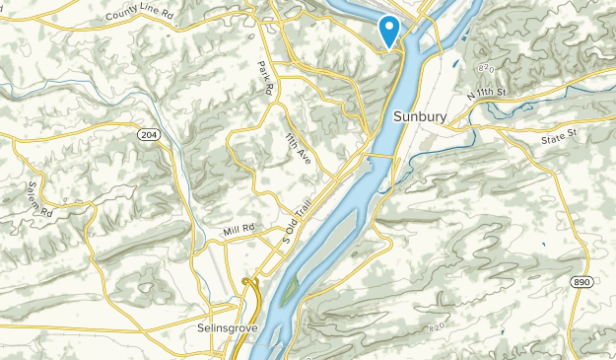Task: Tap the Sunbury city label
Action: pyautogui.click(x=421, y=116)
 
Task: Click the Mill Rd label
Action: pyautogui.click(x=237, y=230)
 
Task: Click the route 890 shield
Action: pyautogui.click(x=582, y=282)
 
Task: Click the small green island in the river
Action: pyautogui.click(x=288, y=291)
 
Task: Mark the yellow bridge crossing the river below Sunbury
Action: pyautogui.click(x=385, y=156)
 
